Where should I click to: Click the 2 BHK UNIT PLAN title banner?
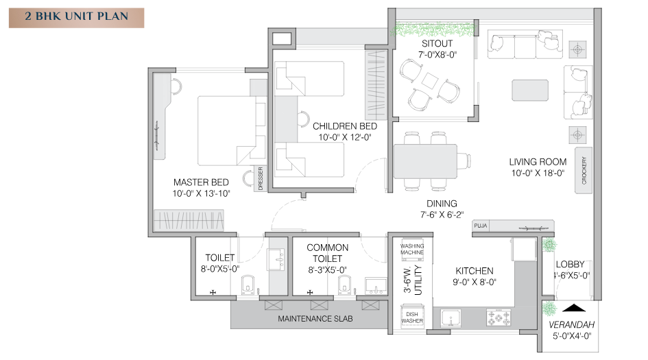point(76,18)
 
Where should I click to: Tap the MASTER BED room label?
point(201,182)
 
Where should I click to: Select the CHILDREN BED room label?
point(345,126)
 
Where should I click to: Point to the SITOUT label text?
point(437,43)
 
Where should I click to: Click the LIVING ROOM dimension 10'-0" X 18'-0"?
point(538,173)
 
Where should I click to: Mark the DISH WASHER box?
point(412,317)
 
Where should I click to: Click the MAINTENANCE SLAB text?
point(311,319)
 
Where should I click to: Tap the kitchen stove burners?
point(499,317)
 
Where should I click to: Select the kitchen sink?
point(453,317)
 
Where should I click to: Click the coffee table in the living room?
point(529,91)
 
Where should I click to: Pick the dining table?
point(425,161)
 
